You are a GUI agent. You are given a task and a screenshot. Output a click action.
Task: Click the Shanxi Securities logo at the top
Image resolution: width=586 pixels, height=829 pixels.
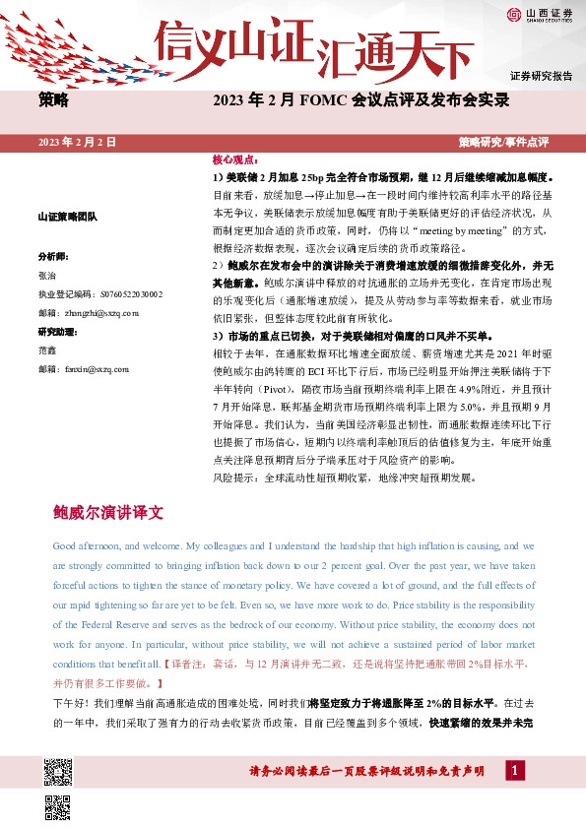(x=539, y=14)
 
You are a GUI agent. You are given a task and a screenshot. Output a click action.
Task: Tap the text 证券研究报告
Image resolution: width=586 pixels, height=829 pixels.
(x=541, y=77)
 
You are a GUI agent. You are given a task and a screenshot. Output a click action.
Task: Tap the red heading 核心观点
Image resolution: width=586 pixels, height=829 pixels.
(x=233, y=159)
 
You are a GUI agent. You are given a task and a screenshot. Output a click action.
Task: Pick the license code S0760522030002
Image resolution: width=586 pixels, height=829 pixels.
(x=127, y=293)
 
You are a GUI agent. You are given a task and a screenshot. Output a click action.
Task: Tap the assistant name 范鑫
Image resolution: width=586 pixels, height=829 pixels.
(x=47, y=351)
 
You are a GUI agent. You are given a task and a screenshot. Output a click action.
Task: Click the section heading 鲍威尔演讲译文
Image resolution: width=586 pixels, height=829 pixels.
(x=108, y=513)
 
